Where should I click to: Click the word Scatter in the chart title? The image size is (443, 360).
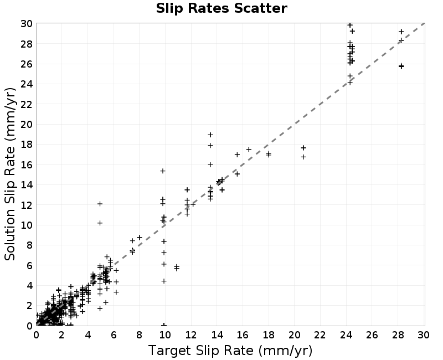coord(260,8)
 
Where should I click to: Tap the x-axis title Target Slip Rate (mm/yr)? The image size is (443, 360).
coord(230,351)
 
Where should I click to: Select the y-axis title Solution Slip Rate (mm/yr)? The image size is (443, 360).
coord(10,174)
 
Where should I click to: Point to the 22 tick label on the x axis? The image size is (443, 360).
coord(320,335)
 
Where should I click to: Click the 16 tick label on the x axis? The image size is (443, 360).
coord(243,335)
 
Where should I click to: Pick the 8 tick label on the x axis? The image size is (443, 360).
coord(140,335)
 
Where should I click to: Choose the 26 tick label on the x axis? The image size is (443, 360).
coord(372,335)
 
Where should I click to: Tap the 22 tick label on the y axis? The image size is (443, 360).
coord(27,104)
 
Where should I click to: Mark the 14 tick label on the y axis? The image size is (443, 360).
coord(27,185)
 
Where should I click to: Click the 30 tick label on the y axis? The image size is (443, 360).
coord(27,24)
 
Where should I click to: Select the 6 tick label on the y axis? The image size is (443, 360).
coord(29,265)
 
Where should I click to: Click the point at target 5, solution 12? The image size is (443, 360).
coord(100,204)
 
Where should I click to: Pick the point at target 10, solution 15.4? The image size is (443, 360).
coord(163,171)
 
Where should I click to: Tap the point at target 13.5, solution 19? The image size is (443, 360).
coord(210,135)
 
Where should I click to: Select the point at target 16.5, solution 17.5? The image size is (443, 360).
coord(249,149)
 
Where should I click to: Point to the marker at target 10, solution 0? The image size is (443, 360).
coord(164,325)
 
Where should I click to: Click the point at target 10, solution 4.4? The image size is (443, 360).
coord(164,281)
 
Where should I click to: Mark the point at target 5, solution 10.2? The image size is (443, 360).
coord(100,223)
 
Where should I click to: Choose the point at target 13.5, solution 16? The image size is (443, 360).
coord(210,164)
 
